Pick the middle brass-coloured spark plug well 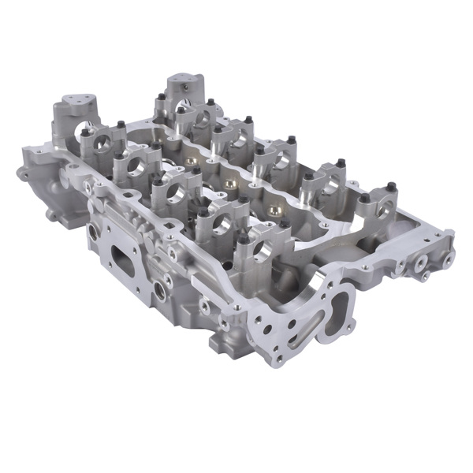[229, 183]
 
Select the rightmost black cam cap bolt [389, 188]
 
